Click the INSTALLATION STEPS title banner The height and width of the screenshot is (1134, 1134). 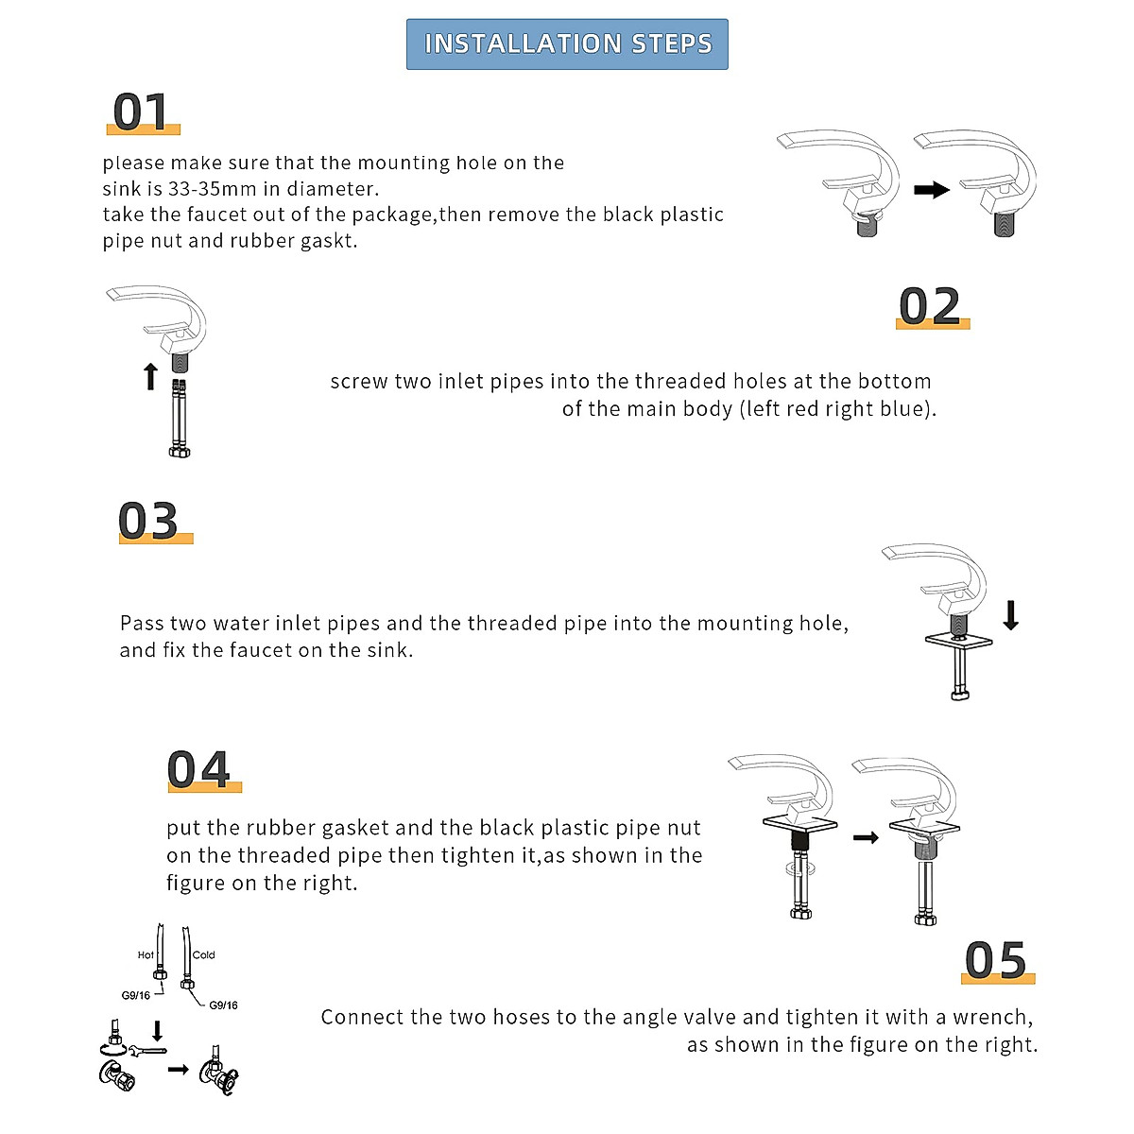567,44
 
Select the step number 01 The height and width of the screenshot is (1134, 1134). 142,112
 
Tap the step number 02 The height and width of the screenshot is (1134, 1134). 931,306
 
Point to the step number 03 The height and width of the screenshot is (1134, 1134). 149,521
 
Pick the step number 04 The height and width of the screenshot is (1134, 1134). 199,769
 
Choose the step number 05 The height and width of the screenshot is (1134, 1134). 996,961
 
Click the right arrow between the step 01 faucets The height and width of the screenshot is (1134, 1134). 932,190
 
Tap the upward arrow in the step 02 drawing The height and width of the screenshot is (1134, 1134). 150,376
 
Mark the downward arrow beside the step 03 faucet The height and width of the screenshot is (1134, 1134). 1011,614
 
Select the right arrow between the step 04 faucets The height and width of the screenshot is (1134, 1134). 866,837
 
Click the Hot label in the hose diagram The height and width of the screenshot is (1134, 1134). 146,955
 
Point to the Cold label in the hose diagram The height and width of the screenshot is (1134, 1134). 204,955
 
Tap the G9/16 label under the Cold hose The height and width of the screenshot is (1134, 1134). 223,1005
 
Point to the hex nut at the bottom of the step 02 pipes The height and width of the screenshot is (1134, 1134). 180,452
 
